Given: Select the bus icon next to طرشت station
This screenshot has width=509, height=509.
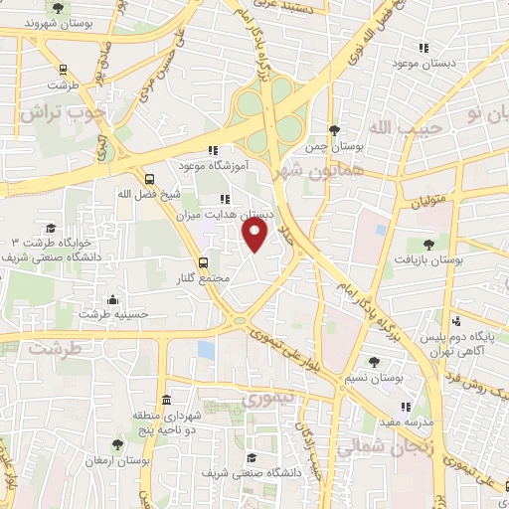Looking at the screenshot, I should click(65, 70).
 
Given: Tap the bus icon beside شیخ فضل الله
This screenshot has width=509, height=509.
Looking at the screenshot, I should click(149, 180).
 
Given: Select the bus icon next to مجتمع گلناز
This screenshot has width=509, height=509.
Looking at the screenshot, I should click(203, 263).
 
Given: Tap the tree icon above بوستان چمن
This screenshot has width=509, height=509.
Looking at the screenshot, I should click(333, 130).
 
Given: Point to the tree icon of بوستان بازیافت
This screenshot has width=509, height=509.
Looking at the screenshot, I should click(428, 245).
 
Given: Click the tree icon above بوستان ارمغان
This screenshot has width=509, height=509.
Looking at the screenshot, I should click(117, 444).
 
